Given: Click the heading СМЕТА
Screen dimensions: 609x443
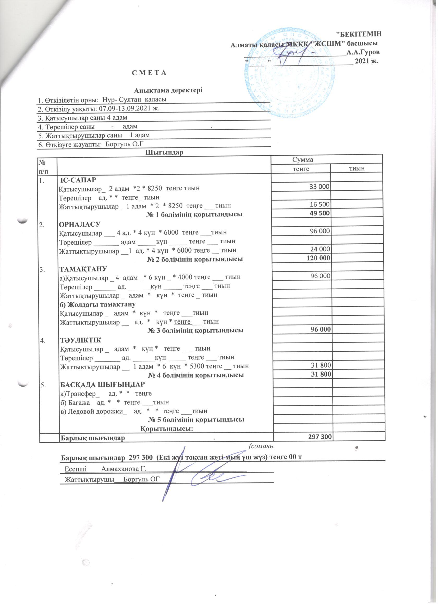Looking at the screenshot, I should [x=149, y=73].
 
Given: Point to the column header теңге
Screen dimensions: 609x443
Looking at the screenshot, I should [x=301, y=169].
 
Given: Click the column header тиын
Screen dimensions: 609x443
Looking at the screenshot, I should [x=356, y=169].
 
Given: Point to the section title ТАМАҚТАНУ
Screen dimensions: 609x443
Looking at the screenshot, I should [x=83, y=269].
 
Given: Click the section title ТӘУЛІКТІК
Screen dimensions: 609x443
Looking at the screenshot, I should [x=80, y=340].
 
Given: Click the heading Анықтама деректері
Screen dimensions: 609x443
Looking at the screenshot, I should [x=168, y=90].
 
